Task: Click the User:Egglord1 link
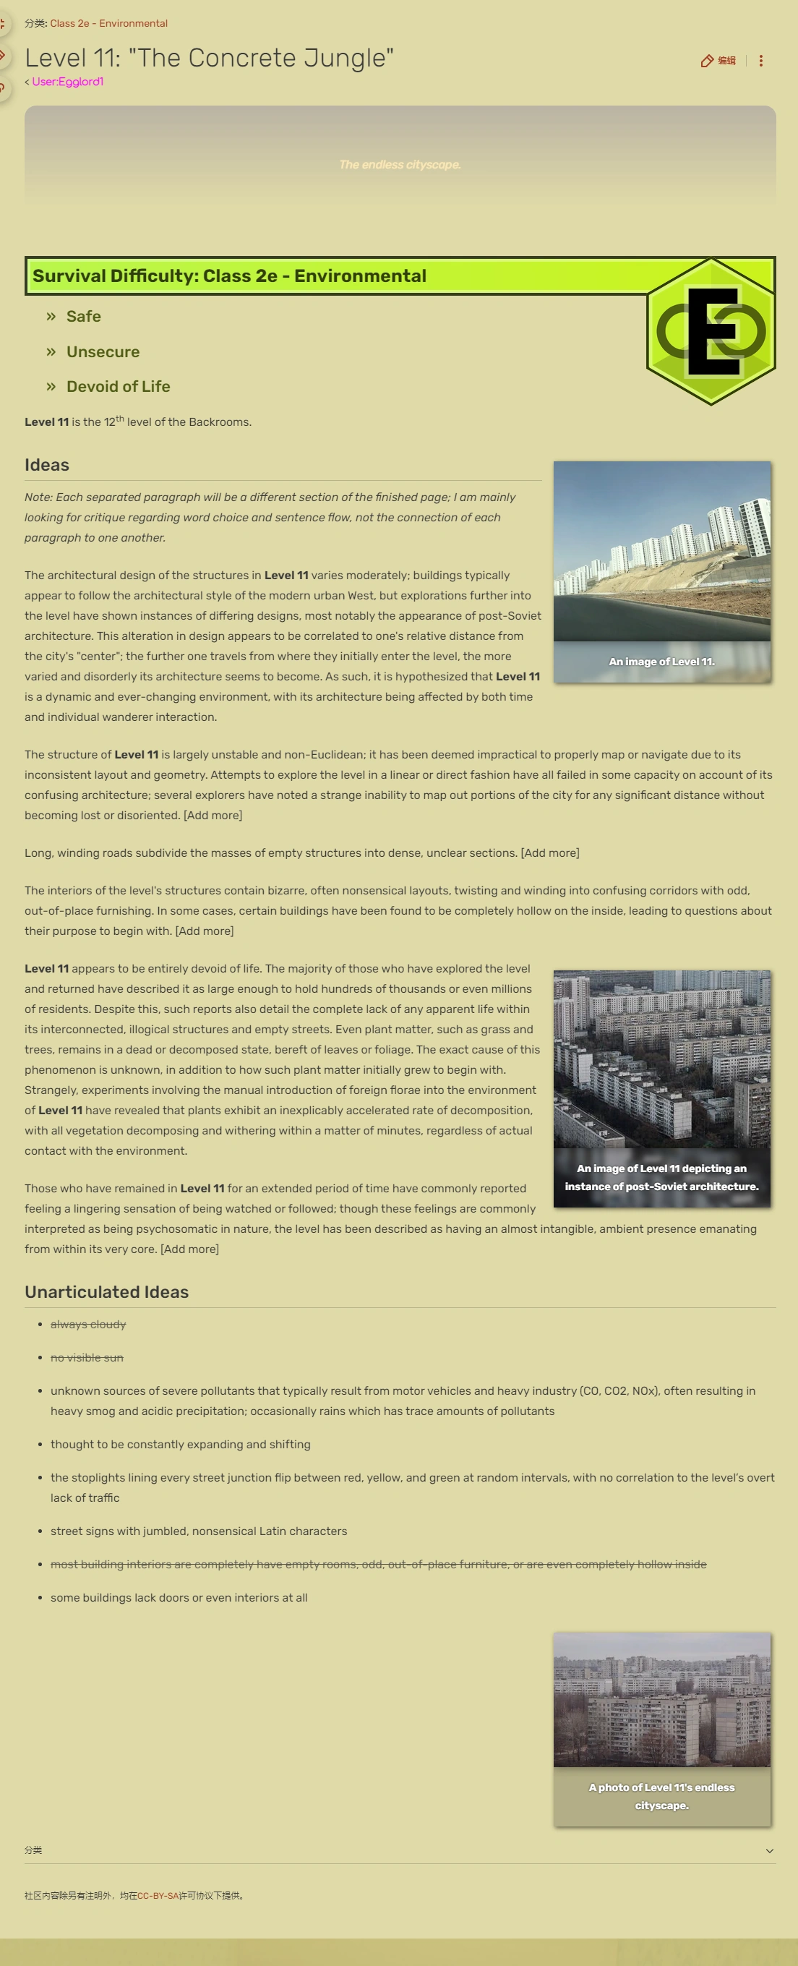pos(67,82)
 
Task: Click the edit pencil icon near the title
pos(707,61)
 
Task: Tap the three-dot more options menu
pos(760,61)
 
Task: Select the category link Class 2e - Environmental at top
pos(108,24)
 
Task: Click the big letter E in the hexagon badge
pos(713,331)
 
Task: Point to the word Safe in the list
pos(83,317)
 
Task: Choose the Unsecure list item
pos(102,352)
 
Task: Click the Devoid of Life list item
pos(118,387)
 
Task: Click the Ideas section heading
pos(46,465)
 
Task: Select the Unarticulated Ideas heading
pos(106,1292)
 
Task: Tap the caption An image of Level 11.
pos(661,662)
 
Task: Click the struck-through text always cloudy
pos(87,1325)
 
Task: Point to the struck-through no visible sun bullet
pos(86,1358)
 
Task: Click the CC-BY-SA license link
pos(158,1896)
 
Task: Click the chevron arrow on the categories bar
pos(769,1851)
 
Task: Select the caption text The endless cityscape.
pos(399,165)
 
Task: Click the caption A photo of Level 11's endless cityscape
pos(661,1797)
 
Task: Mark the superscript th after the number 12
pos(120,419)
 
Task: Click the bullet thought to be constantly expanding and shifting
pos(180,1445)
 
